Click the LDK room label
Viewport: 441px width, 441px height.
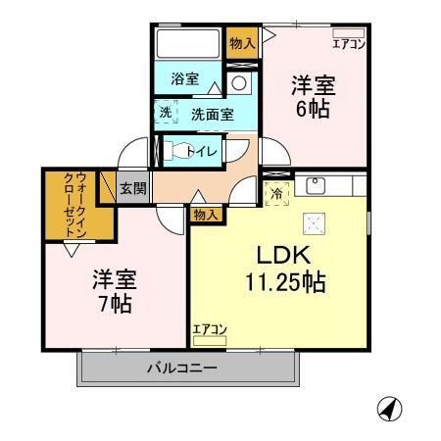[x=284, y=256]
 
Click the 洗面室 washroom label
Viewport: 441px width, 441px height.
[x=212, y=114]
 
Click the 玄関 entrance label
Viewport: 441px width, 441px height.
[x=132, y=188]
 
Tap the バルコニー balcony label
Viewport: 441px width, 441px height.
[x=182, y=367]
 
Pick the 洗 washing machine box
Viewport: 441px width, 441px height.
[x=166, y=113]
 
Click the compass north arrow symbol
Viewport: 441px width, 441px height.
[x=389, y=409]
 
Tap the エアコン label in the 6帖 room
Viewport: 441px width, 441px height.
[x=348, y=43]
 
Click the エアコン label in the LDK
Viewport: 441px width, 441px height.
[x=210, y=328]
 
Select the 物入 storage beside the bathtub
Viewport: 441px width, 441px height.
[x=241, y=43]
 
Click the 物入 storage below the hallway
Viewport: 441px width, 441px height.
[x=205, y=214]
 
